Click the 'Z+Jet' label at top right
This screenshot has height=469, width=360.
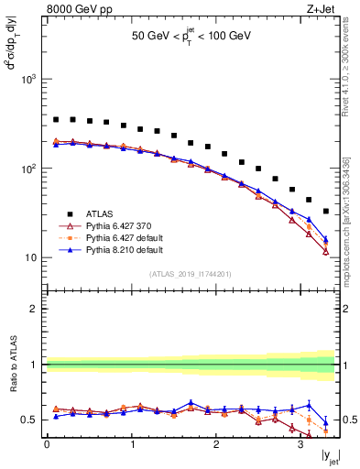click(x=321, y=8)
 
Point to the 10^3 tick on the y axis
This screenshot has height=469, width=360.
click(x=29, y=80)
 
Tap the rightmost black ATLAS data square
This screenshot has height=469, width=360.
click(x=326, y=212)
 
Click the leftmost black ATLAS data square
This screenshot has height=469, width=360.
click(x=56, y=119)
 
